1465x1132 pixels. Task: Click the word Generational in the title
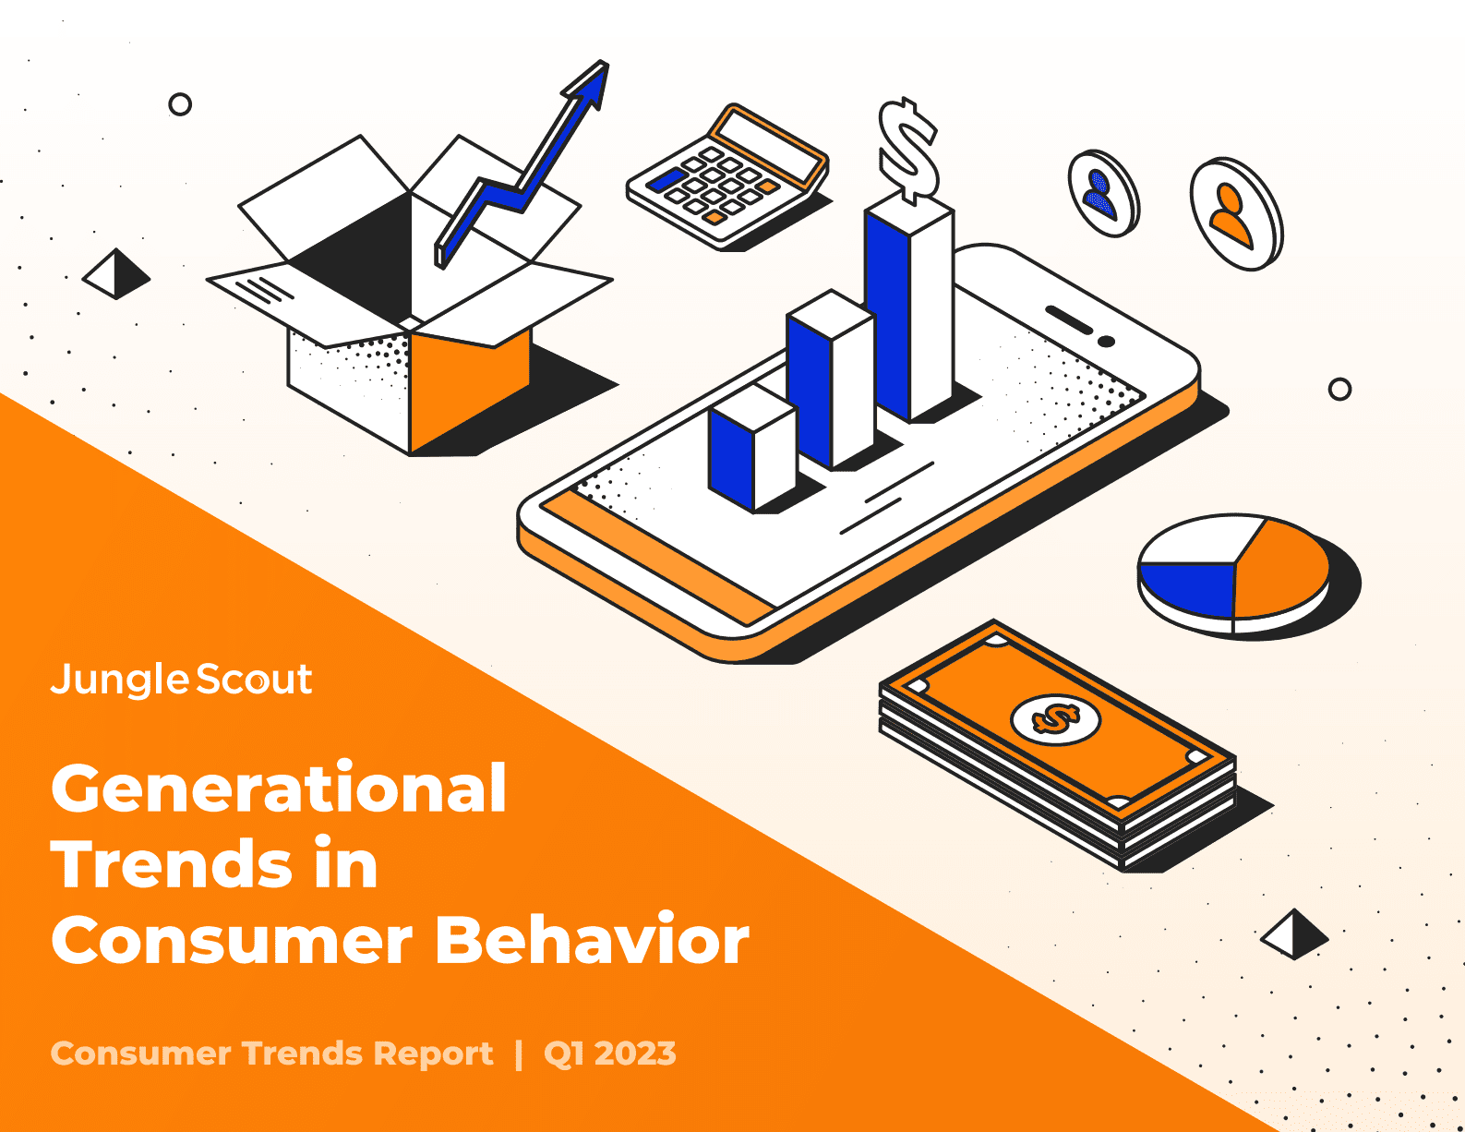tap(279, 788)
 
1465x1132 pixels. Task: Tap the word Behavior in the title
tap(592, 939)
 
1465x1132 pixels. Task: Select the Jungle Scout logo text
tap(181, 679)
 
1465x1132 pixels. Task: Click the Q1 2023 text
tap(609, 1054)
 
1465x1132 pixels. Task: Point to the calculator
tap(727, 176)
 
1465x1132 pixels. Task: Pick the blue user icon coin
tap(1104, 194)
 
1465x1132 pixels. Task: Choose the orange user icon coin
tap(1236, 213)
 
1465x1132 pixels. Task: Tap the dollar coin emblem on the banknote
tap(1056, 719)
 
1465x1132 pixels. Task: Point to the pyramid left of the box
tap(116, 273)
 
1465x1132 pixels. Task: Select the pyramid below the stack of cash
tap(1294, 933)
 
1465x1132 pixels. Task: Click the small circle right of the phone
tap(1339, 389)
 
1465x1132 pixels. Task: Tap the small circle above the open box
tap(180, 104)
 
